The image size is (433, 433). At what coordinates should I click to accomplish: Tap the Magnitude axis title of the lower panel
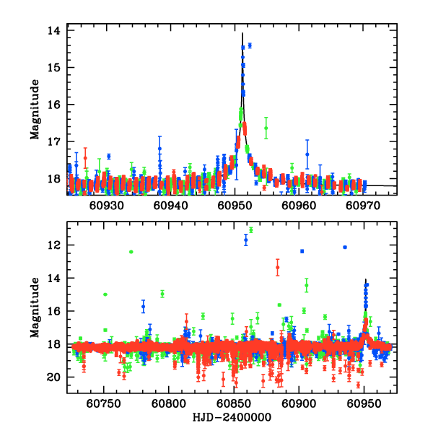(34, 308)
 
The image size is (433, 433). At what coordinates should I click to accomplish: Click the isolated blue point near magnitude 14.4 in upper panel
(250, 45)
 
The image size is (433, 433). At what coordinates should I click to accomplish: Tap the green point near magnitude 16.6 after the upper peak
(266, 128)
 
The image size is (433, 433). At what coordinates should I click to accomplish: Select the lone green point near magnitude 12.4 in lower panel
(131, 252)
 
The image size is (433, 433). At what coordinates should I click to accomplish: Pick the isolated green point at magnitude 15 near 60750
(105, 294)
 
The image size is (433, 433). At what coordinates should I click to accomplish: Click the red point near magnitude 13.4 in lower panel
(277, 268)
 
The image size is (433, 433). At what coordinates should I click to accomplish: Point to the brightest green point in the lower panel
(251, 229)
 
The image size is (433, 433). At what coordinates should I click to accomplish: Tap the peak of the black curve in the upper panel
(242, 32)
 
